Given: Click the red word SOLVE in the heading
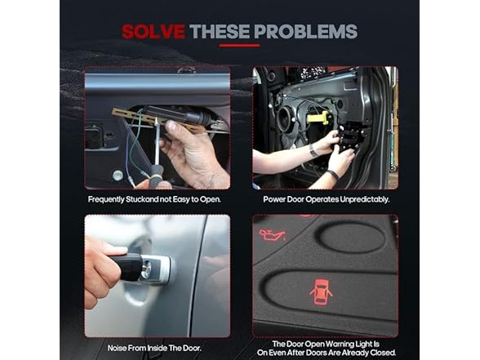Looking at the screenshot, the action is pos(153,31).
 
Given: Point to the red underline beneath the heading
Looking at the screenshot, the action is pos(240,46).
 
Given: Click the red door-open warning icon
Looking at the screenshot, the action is pos(321,291).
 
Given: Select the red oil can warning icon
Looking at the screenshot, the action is pos(272,235).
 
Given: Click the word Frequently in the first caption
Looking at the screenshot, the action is pos(106,199).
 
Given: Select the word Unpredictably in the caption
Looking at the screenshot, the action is pos(365,199).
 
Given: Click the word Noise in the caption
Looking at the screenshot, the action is pos(117,348).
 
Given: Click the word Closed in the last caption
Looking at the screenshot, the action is pos(383,353).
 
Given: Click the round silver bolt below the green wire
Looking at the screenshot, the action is pos(118,176).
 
